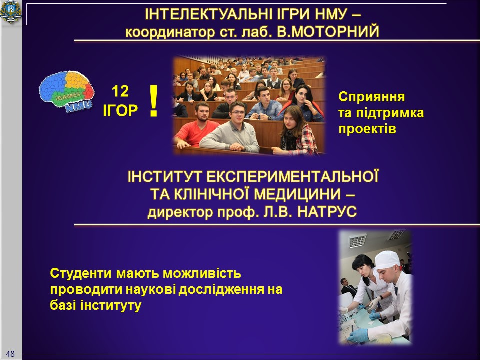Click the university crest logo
(x=11, y=12)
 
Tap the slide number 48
(x=10, y=354)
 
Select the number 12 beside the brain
(x=120, y=91)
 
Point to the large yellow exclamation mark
(x=153, y=101)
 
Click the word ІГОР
(x=120, y=111)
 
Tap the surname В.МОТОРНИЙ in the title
(x=328, y=31)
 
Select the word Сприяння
(x=371, y=97)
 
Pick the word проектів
(x=367, y=129)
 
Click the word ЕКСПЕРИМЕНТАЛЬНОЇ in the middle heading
(x=292, y=177)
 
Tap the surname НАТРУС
(x=327, y=212)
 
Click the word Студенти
(x=81, y=273)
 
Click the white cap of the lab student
(x=387, y=260)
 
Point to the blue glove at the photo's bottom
(x=358, y=335)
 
